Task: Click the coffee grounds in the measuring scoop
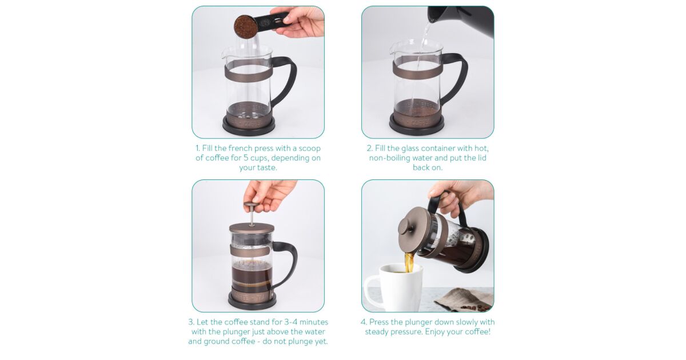[x=245, y=26]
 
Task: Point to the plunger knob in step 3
[x=252, y=205]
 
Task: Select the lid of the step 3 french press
[x=252, y=228]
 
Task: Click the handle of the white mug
[x=372, y=291]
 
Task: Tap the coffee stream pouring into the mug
[x=409, y=262]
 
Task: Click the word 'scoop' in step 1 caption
[x=310, y=149]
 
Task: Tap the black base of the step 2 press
[x=417, y=126]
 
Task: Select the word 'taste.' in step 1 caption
[x=266, y=168]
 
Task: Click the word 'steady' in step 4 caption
[x=377, y=332]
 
